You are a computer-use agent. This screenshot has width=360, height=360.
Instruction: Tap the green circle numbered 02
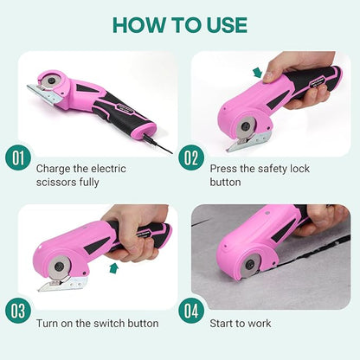pyautogui.click(x=192, y=159)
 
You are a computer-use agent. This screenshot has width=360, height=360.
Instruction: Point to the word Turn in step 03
pyautogui.click(x=49, y=322)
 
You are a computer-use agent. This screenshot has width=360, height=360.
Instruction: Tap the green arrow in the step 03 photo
pyautogui.click(x=114, y=267)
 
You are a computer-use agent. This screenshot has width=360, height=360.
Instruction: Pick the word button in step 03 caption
pyautogui.click(x=145, y=322)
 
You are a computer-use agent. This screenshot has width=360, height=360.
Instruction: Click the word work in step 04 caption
pyautogui.click(x=259, y=322)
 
